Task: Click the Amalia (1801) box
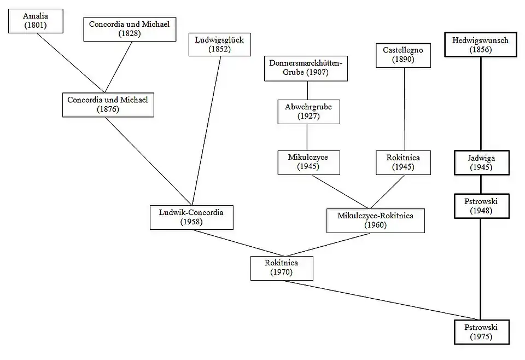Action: [x=35, y=20]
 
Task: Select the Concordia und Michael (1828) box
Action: [x=129, y=28]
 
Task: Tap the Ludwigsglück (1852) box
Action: [x=219, y=44]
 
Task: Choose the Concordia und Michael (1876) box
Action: [x=108, y=104]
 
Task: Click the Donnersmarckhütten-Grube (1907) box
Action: [x=306, y=68]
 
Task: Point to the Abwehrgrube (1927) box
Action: [x=308, y=111]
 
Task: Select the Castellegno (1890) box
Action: [x=403, y=55]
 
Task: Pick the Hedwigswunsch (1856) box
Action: [x=481, y=45]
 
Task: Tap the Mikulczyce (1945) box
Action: [x=308, y=162]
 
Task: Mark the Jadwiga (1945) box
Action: [x=481, y=162]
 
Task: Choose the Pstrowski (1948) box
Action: [x=481, y=206]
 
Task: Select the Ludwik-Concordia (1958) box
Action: [x=191, y=217]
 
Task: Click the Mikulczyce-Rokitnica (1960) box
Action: [x=375, y=220]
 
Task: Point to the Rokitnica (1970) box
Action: [x=282, y=268]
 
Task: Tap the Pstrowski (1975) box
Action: [x=481, y=332]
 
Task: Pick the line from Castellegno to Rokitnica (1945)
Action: [x=404, y=109]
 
